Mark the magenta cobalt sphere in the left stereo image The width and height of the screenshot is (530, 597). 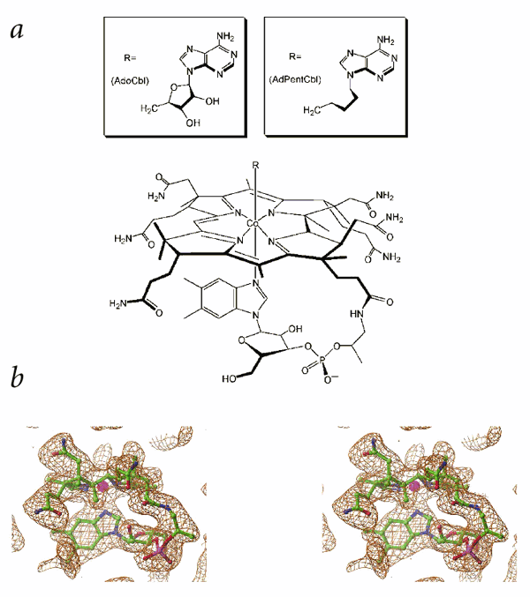tap(112, 487)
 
